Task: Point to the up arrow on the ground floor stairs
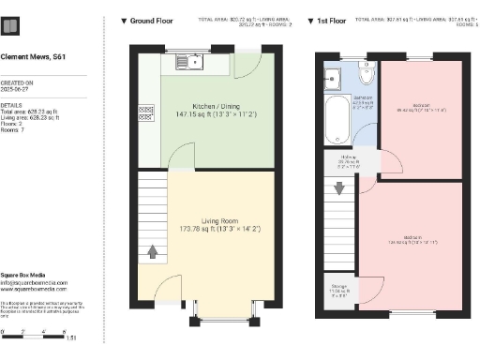153,251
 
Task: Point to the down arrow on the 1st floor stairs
338,191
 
